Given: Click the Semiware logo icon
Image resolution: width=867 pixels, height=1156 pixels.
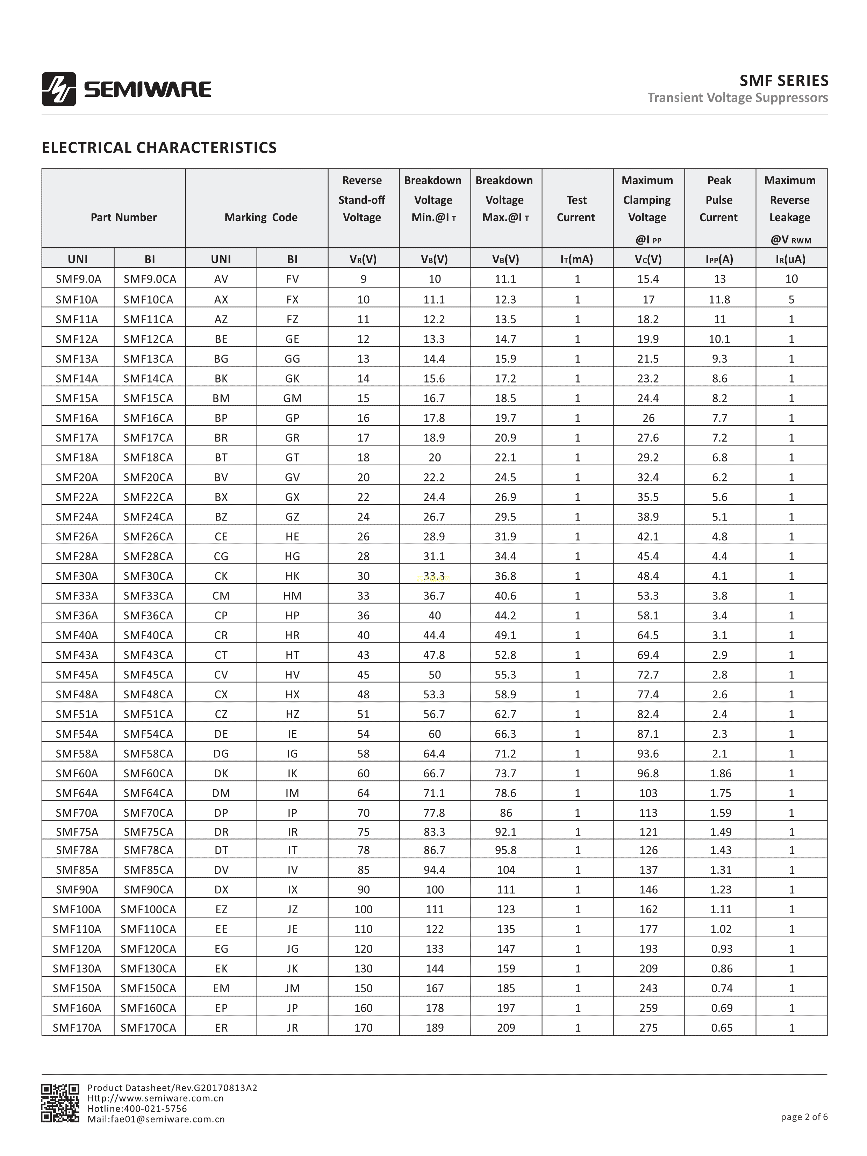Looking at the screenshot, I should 59,89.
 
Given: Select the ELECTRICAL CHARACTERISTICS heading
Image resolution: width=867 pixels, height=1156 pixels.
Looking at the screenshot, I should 159,148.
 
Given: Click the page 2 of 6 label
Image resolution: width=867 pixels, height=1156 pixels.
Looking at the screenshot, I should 804,1117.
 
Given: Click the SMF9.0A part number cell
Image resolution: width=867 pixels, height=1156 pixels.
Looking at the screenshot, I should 78,279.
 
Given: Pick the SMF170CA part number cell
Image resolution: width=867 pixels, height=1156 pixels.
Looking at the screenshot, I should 149,1027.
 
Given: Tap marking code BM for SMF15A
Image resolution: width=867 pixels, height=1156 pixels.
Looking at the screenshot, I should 221,398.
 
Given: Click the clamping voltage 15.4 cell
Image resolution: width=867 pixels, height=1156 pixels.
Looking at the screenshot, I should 648,279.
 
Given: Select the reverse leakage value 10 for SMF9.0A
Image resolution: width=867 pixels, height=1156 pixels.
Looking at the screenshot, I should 791,279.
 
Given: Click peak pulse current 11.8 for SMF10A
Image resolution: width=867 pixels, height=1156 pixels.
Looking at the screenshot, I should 719,299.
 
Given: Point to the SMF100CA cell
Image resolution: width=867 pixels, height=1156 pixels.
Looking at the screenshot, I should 149,909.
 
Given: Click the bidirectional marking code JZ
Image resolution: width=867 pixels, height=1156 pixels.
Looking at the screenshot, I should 292,909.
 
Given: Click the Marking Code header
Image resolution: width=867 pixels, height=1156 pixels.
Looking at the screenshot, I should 261,217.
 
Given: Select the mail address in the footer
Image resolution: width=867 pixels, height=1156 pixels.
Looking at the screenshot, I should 156,1119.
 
